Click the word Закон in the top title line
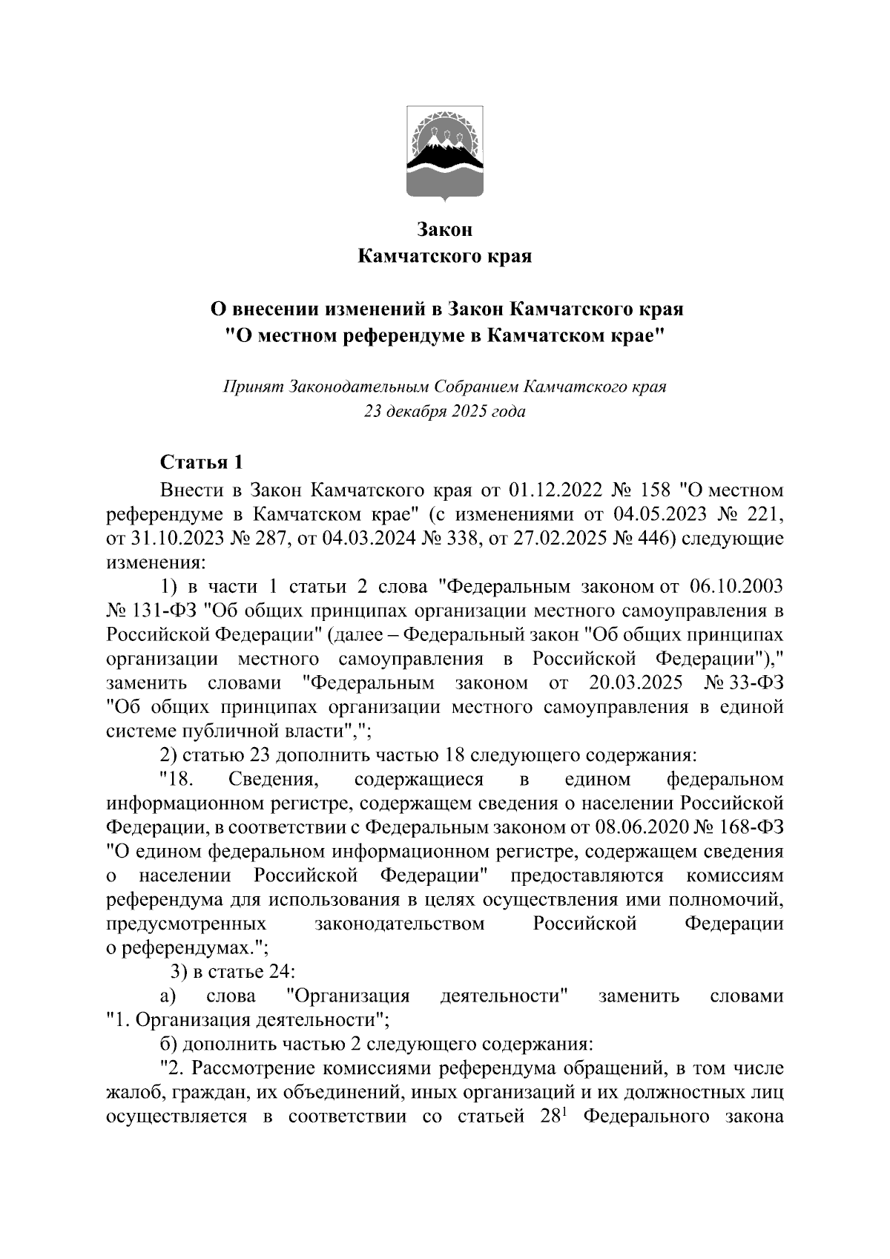coord(445,231)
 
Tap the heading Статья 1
coord(202,463)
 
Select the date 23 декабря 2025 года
coord(445,412)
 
